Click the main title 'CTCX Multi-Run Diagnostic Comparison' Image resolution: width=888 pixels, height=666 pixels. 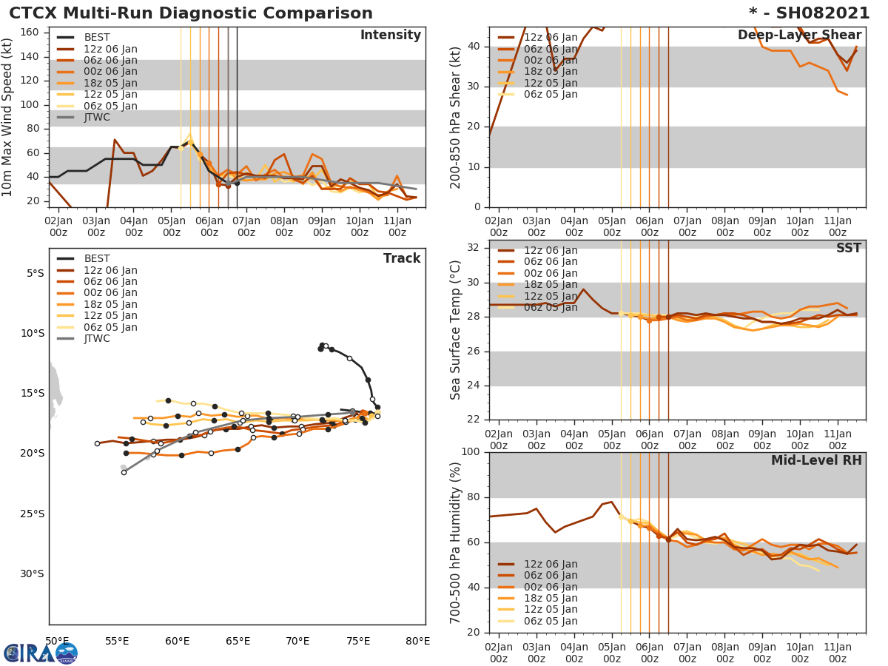click(x=191, y=13)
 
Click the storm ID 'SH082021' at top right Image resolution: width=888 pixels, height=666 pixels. click(x=819, y=13)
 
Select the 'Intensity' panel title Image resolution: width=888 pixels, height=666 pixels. click(x=390, y=36)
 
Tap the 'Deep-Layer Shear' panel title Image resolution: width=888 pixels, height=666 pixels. click(x=799, y=36)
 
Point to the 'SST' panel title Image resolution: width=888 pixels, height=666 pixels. click(x=848, y=249)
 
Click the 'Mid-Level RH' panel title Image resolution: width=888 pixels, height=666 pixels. click(x=816, y=460)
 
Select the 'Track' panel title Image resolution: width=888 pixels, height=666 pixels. click(x=402, y=258)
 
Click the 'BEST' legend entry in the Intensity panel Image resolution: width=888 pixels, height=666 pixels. click(x=97, y=38)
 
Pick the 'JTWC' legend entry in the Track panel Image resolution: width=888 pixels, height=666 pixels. click(x=97, y=339)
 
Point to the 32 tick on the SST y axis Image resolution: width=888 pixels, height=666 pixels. click(x=472, y=248)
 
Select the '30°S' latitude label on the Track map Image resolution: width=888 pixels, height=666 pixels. click(x=34, y=573)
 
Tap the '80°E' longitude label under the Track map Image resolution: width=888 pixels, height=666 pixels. click(x=418, y=641)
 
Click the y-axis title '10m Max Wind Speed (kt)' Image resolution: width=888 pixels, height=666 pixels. click(x=8, y=117)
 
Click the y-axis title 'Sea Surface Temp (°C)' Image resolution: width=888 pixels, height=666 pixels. click(x=456, y=330)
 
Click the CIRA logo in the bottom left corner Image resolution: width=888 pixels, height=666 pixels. click(x=40, y=653)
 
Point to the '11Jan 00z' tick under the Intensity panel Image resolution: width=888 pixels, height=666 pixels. click(x=397, y=226)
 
